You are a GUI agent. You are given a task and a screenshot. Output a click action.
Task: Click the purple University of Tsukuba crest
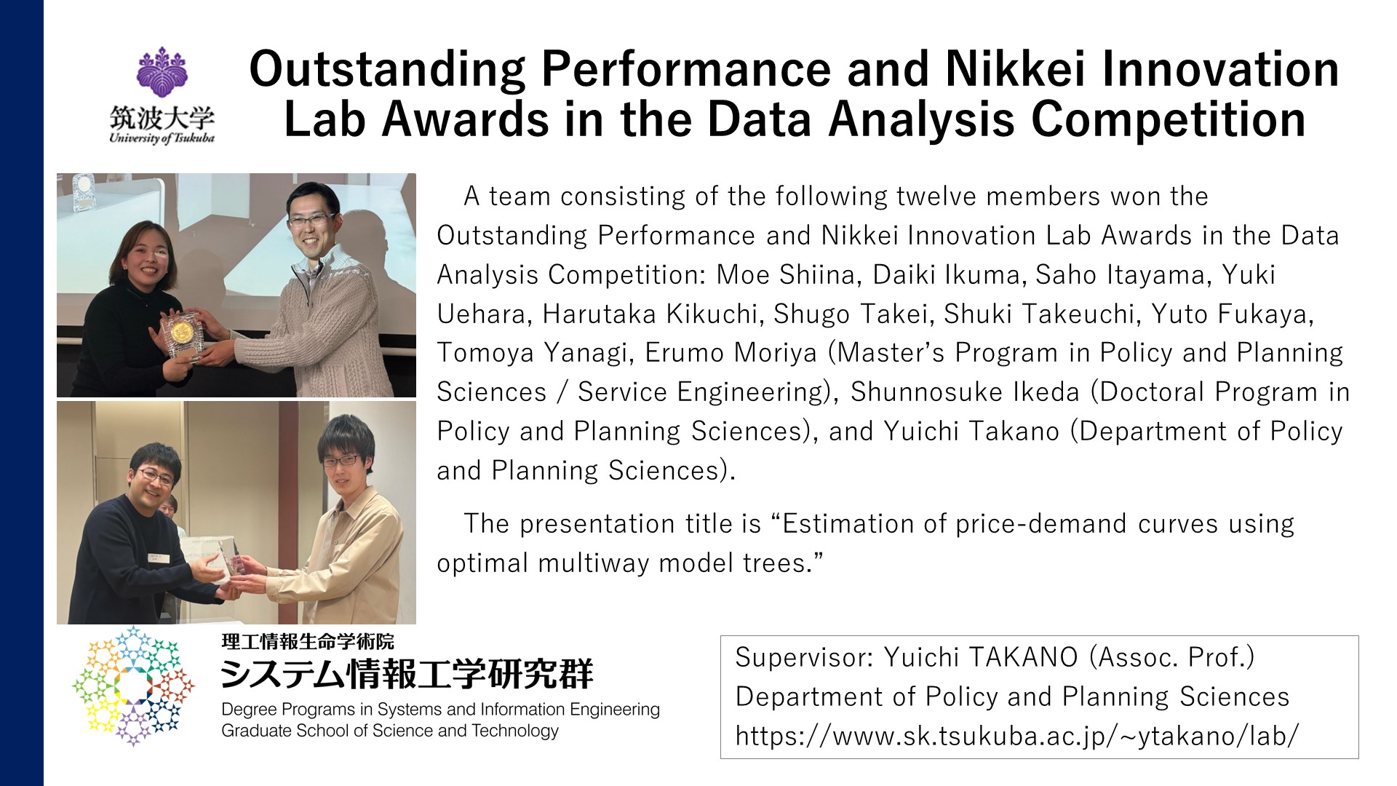coord(162,72)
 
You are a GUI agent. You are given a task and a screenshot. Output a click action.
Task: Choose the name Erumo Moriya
coord(731,353)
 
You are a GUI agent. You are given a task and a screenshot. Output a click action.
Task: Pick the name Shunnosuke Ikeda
coord(965,392)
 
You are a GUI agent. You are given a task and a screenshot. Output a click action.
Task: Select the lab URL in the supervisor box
coord(1016,736)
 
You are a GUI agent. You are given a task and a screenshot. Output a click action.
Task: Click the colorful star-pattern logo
coord(133,686)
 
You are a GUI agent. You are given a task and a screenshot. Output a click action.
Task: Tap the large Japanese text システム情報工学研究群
coord(407,674)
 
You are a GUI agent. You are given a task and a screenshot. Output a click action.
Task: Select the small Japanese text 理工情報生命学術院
coord(308,641)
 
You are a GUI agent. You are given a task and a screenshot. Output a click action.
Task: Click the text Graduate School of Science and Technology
coord(390,731)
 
